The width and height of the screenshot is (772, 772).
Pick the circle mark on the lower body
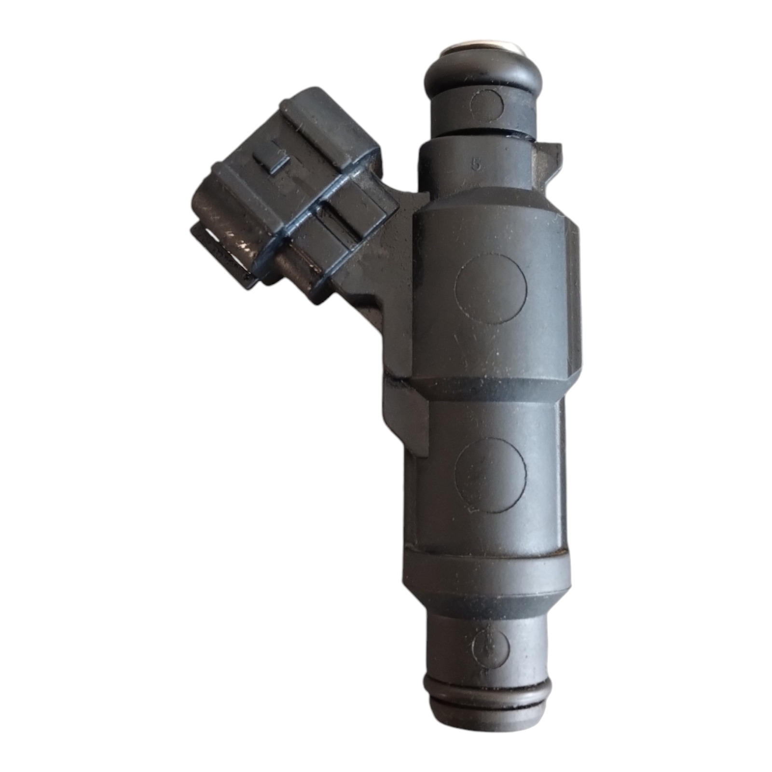(491, 475)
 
